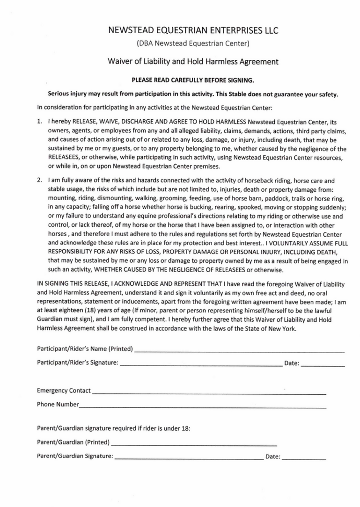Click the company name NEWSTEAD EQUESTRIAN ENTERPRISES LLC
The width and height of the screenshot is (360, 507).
tap(193, 31)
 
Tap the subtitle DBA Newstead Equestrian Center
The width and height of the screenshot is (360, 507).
tap(193, 44)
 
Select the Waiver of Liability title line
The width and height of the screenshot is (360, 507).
tap(193, 61)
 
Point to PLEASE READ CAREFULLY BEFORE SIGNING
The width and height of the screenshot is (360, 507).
tap(193, 80)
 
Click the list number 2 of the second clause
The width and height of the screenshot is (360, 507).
tap(39, 180)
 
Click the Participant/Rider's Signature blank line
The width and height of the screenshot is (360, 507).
tap(200, 363)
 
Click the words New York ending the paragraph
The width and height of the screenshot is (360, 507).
tap(281, 328)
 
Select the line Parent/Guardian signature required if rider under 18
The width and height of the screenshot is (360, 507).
tap(113, 428)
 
